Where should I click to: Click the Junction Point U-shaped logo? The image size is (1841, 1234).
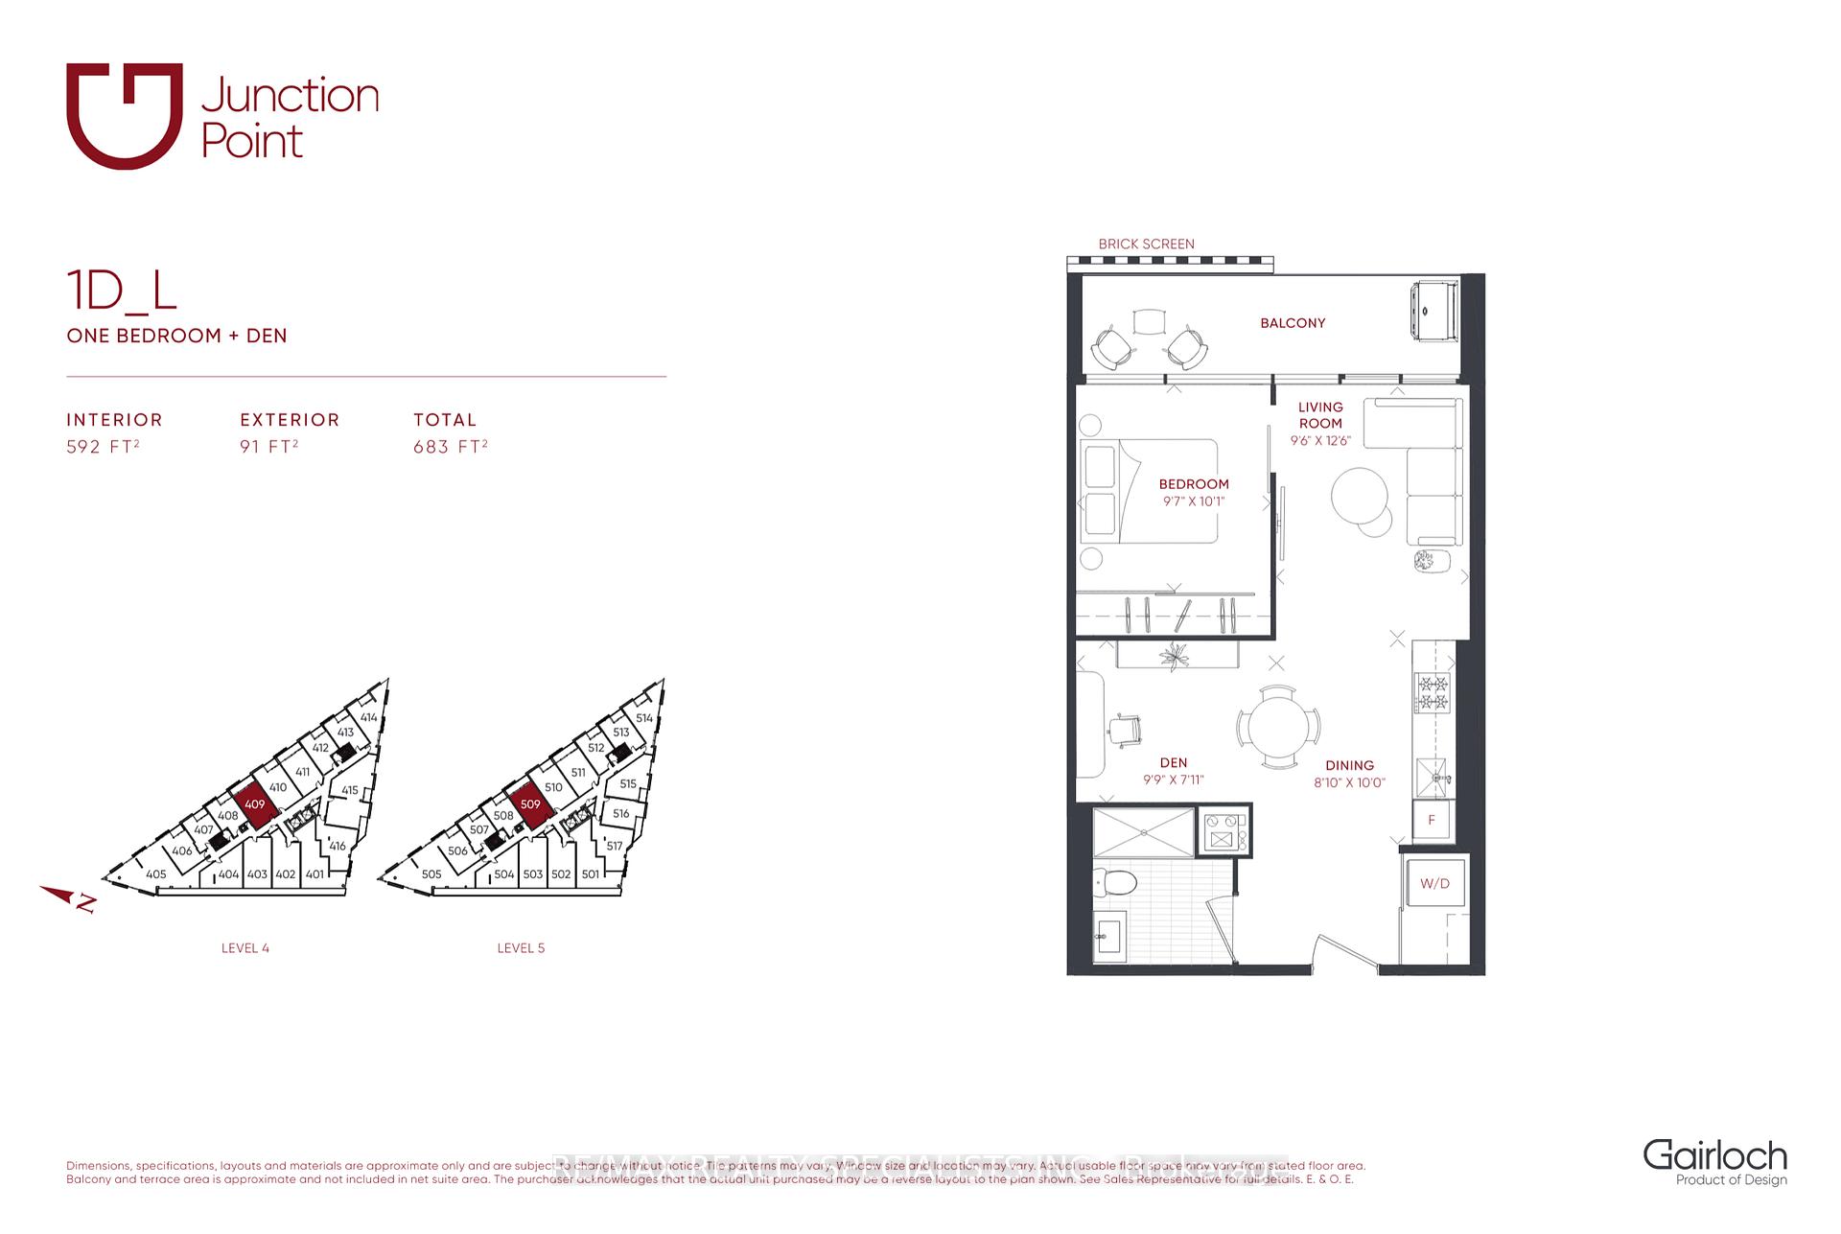click(124, 116)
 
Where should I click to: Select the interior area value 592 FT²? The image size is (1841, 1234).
click(103, 447)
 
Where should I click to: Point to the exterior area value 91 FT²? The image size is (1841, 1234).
click(268, 447)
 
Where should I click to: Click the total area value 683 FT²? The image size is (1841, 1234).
click(451, 447)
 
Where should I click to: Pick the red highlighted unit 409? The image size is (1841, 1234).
click(254, 803)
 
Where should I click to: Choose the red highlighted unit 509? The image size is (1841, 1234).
click(530, 803)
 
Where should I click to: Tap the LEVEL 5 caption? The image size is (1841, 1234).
click(521, 948)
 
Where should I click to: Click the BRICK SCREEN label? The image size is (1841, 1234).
click(1146, 244)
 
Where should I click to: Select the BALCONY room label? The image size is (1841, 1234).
click(1293, 323)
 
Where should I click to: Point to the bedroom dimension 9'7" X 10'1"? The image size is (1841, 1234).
click(1193, 501)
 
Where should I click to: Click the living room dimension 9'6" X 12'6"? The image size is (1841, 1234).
click(1320, 441)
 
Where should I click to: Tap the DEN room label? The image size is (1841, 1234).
click(1173, 763)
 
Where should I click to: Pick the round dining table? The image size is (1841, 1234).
click(1278, 726)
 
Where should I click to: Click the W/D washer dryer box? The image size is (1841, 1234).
click(1434, 883)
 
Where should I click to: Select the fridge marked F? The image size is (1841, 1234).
click(1432, 821)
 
